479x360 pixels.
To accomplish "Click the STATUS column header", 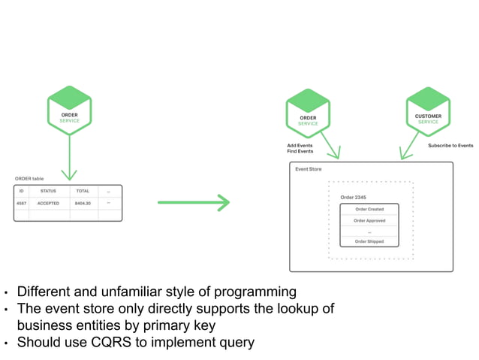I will [48, 191].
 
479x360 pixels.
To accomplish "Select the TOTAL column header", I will [83, 191].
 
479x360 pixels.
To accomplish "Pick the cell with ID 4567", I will [22, 203].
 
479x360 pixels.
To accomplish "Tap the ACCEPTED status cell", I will [48, 203].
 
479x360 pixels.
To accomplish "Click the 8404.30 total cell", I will [83, 203].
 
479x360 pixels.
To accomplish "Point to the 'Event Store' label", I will [308, 169].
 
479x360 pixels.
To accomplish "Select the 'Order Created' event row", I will [369, 209].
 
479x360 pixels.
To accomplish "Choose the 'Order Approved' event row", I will [369, 220].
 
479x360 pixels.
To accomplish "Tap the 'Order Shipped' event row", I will [369, 241].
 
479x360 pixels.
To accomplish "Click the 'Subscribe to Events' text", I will [450, 145].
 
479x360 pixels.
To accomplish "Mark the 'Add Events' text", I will [300, 145].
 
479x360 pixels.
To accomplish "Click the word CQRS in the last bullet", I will [125, 343].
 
